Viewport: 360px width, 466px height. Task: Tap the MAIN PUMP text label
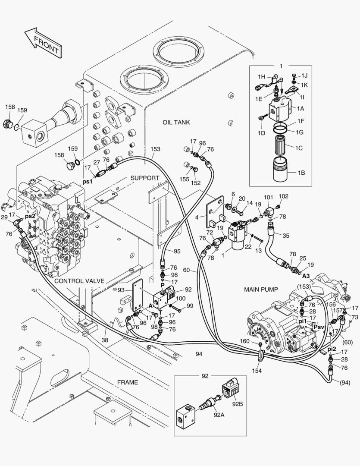261,289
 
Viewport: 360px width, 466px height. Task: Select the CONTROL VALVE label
79,281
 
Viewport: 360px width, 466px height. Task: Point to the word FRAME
127,382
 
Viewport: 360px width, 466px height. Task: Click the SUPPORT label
145,178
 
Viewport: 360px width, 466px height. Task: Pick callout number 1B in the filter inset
301,173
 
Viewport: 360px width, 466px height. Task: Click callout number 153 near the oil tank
155,149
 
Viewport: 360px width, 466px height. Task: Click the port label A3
306,275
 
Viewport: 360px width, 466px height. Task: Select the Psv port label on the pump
319,327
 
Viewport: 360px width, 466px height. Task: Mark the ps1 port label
88,182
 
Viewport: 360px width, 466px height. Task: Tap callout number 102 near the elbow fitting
283,196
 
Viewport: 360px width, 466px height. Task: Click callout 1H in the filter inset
261,77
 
